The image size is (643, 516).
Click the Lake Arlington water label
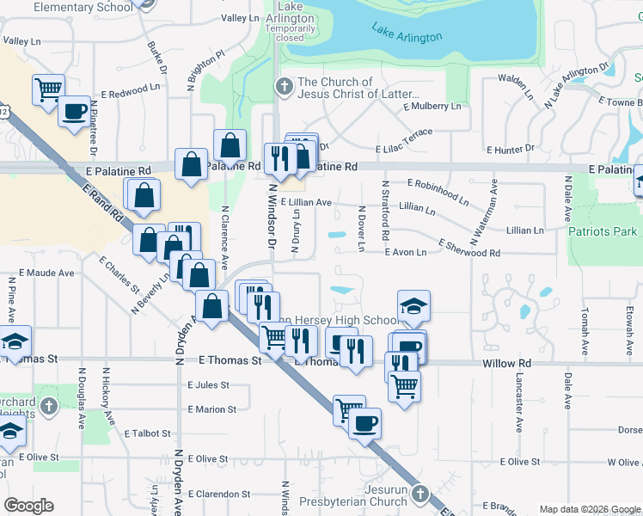407,34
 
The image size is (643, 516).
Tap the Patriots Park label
603,231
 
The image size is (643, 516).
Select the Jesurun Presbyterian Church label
352,495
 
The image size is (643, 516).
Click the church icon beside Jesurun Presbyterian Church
419,494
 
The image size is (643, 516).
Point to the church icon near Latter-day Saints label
284,86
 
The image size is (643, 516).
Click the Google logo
28,505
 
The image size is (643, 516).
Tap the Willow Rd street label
507,363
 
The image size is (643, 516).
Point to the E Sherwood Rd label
469,249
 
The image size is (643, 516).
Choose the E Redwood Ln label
131,89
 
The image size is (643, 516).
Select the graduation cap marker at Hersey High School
413,305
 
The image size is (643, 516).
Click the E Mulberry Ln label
433,106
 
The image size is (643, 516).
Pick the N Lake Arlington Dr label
575,84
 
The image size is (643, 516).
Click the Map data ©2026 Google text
589,509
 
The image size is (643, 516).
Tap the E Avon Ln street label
406,252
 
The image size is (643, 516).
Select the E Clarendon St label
220,494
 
